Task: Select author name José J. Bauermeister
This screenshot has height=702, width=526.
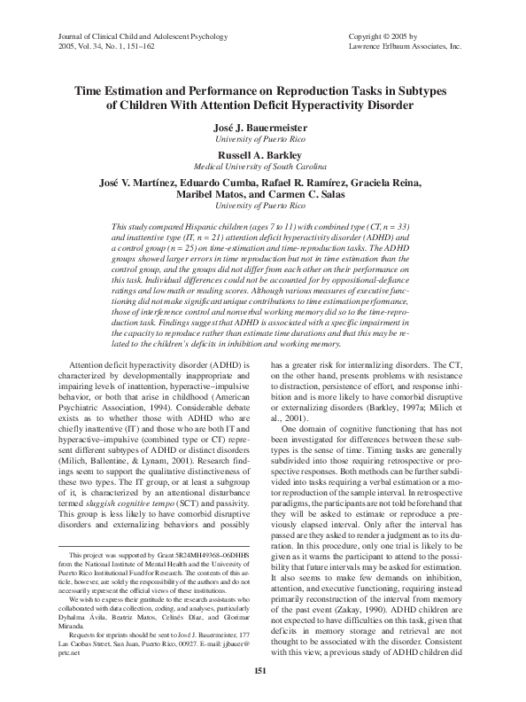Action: [x=263, y=127]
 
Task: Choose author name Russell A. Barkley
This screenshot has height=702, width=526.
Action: [x=263, y=153]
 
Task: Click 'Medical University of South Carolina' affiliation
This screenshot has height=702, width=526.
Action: [x=263, y=166]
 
